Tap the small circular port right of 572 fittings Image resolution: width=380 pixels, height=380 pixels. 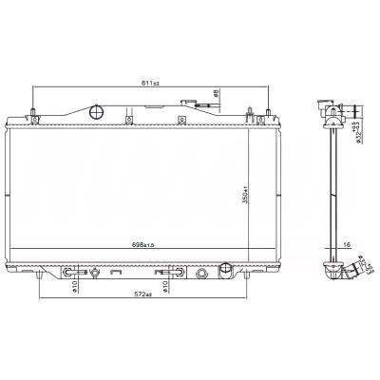click(201, 275)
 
